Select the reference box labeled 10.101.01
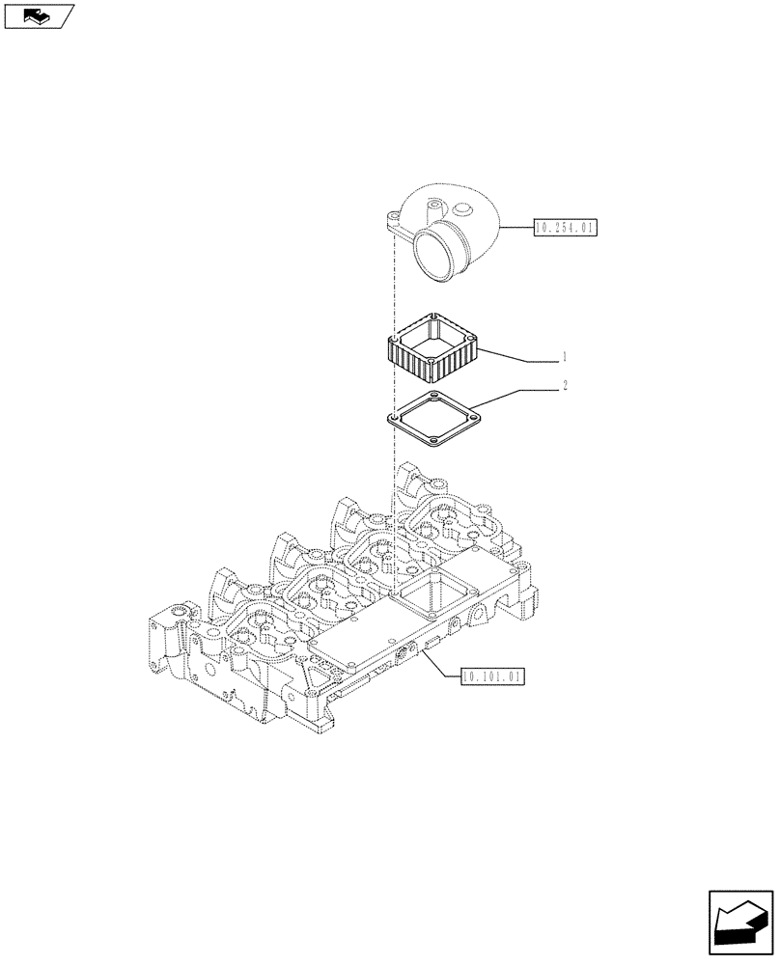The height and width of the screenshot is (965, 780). click(492, 677)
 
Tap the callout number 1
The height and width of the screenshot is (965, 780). click(564, 358)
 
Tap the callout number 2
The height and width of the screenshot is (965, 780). click(564, 386)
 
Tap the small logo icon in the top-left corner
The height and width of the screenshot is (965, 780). click(38, 15)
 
